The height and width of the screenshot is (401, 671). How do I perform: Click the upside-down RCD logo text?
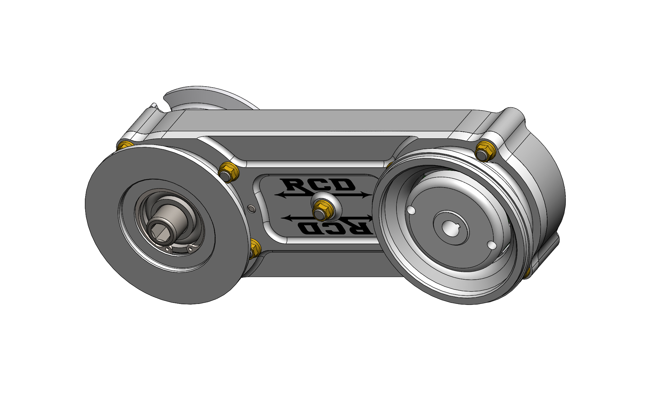click(334, 227)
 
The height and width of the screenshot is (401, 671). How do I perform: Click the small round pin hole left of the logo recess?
click(251, 209)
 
